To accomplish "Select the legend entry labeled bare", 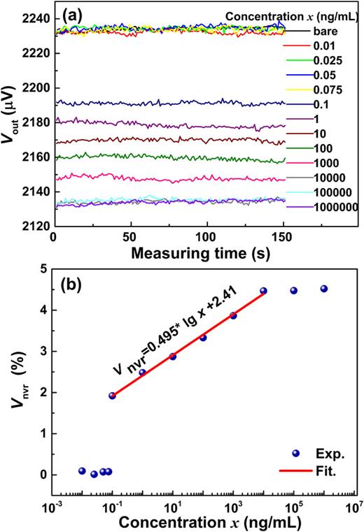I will tap(321, 31).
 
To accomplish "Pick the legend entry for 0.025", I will tap(327, 60).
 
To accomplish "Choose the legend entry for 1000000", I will tap(335, 207).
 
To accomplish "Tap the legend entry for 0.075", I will tap(327, 89).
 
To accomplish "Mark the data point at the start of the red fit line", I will tap(113, 396).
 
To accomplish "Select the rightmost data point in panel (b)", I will tap(323, 289).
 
